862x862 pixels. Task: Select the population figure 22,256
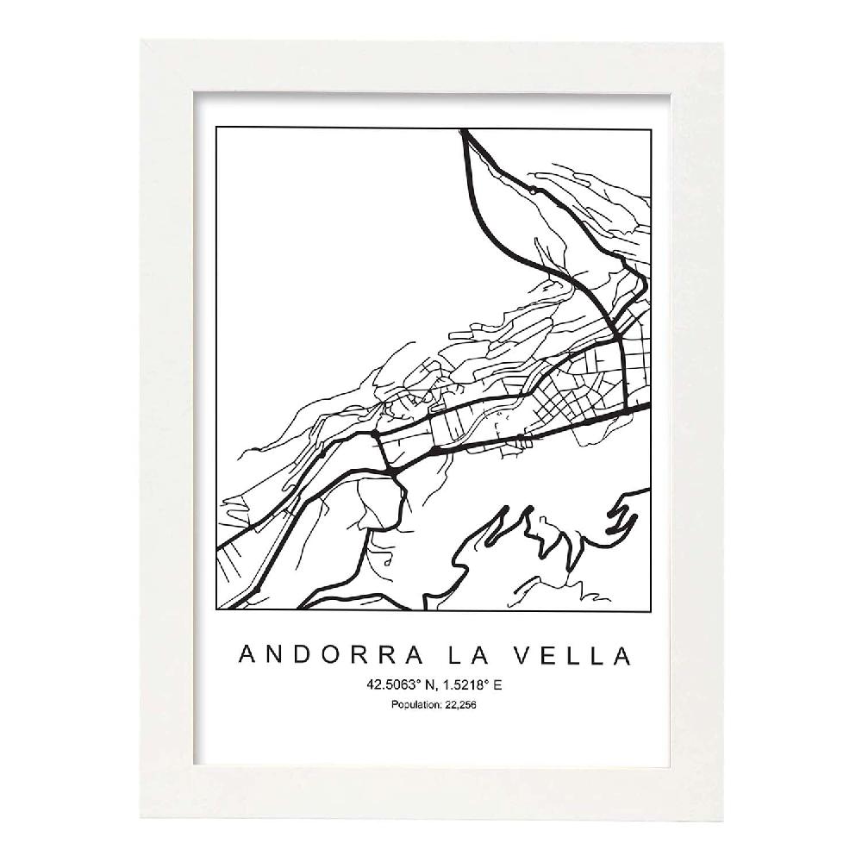coord(461,705)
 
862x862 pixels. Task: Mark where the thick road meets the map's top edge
coord(464,131)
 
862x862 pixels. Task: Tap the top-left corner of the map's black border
coord(216,130)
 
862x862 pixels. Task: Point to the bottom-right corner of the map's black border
coord(650,609)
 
